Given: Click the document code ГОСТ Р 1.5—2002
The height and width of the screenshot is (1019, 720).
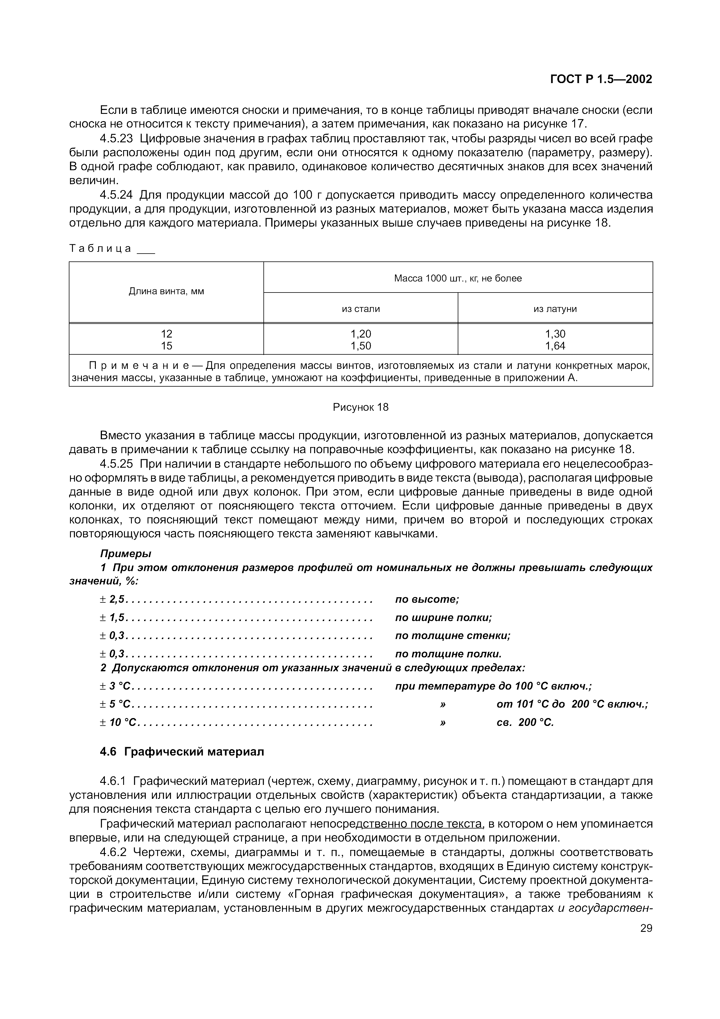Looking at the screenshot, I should (x=601, y=79).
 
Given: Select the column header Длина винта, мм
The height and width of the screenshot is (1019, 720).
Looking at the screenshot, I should (x=166, y=292).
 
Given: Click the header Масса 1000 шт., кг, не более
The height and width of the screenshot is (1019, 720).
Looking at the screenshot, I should (x=458, y=278).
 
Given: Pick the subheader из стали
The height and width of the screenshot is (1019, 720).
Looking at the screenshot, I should (x=361, y=309).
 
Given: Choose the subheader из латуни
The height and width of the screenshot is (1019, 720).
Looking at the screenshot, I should (x=555, y=309).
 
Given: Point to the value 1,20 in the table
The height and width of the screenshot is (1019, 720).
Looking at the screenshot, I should (x=361, y=334).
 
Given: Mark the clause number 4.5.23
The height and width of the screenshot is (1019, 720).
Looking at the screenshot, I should (x=116, y=139).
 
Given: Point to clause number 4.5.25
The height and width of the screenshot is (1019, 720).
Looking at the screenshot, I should (x=116, y=464).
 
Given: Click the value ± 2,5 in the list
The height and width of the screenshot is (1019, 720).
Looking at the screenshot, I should (x=113, y=599).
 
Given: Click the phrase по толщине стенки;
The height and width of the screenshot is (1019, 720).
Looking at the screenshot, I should (x=453, y=636).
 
